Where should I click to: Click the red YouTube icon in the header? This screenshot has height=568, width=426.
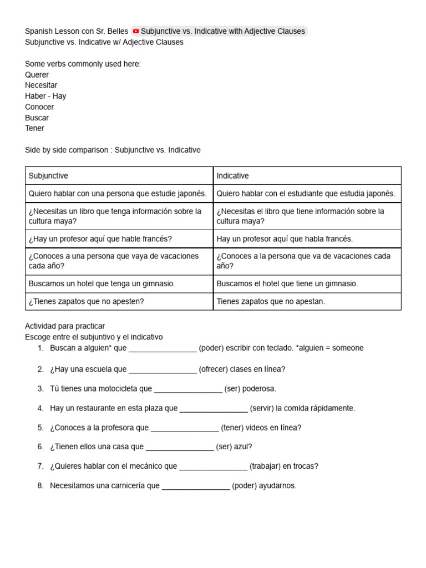(136, 32)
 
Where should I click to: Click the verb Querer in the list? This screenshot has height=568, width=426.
(37, 75)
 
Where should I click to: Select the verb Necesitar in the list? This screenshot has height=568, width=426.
(41, 85)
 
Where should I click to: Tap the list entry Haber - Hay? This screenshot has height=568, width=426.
(45, 96)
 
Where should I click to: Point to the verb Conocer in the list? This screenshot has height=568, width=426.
(39, 107)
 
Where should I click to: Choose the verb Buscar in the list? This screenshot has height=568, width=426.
(37, 118)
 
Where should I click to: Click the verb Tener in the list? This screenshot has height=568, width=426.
(34, 128)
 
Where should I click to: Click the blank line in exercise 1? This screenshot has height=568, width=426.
(163, 348)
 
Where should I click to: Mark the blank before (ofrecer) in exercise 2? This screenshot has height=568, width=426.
(163, 369)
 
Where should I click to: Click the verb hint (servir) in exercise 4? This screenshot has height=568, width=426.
(262, 408)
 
